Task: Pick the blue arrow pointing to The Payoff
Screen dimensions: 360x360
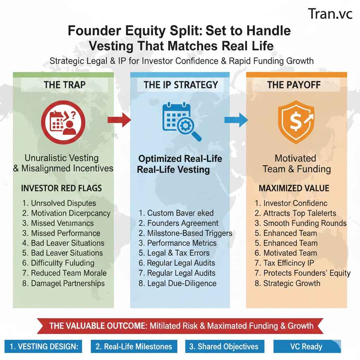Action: click(x=236, y=120)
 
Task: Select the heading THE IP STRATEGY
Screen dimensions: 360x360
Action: click(x=181, y=85)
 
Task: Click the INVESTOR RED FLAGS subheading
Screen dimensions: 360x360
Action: click(x=62, y=188)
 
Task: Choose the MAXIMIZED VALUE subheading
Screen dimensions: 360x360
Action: click(x=294, y=188)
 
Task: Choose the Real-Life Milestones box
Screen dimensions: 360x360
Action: click(x=134, y=346)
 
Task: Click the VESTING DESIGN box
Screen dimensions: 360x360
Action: click(x=44, y=346)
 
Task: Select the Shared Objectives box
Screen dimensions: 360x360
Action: click(x=224, y=346)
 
